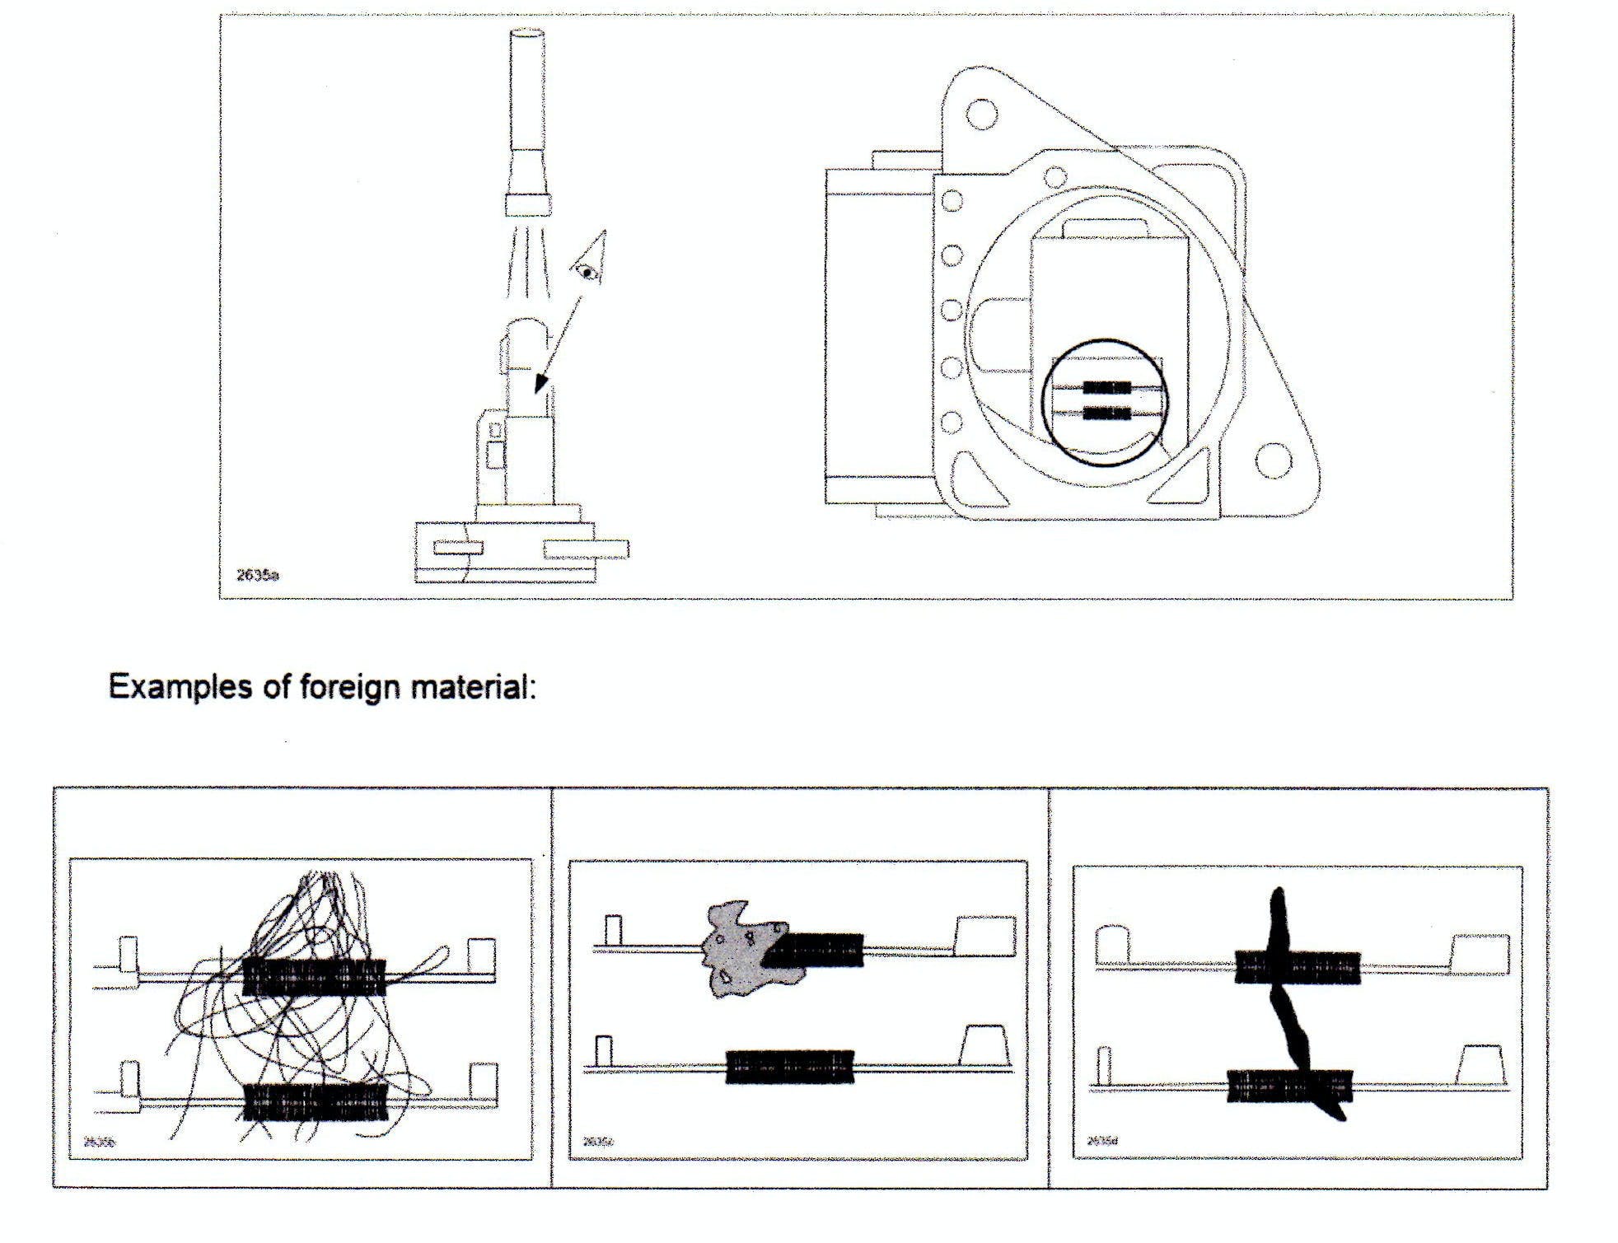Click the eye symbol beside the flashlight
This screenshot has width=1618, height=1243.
587,272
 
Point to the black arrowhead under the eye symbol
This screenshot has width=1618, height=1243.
540,383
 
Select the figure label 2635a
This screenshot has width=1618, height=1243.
257,575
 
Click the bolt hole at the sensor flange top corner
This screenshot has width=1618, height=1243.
980,114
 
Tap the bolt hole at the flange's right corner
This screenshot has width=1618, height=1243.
1274,460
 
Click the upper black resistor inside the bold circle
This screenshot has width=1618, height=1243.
1106,388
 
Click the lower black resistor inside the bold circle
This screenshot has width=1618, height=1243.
1106,413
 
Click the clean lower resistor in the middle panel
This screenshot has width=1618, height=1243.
789,1066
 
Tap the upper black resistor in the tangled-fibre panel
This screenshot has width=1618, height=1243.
314,976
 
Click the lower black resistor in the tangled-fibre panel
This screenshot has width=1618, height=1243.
316,1101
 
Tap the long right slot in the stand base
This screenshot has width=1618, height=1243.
586,549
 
